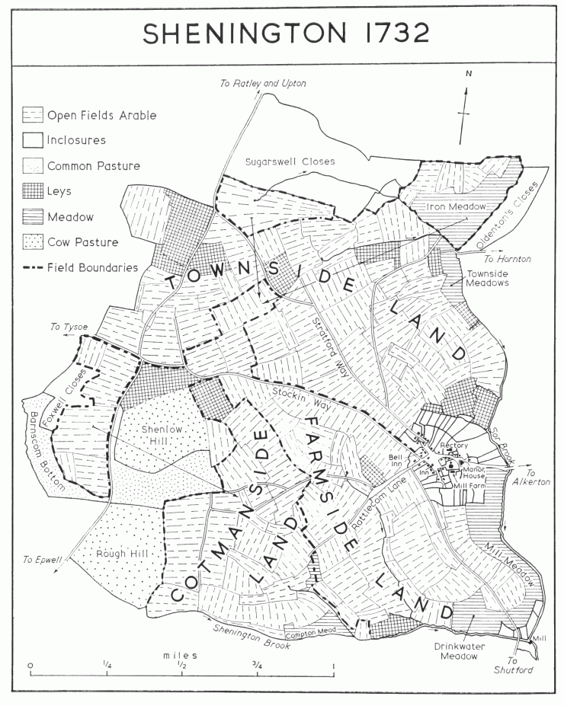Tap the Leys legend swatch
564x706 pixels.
tap(32, 191)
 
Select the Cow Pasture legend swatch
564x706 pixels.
tap(32, 242)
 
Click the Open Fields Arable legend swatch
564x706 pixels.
tap(32, 115)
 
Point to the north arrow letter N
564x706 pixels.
tap(470, 74)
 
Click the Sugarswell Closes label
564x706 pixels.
tap(290, 161)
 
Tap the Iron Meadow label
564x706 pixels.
tap(434, 206)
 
